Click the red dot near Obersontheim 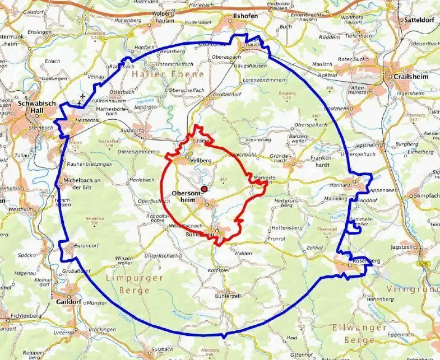(x=205, y=189)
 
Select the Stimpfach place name (x=425, y=196)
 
